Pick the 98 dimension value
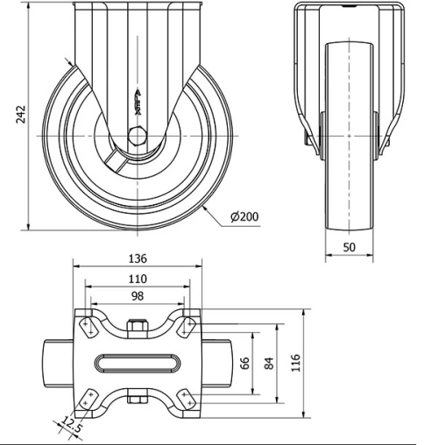[x=137, y=297]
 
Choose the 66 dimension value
[x=245, y=362]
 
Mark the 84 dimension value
[x=269, y=362]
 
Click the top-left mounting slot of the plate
[x=88, y=326]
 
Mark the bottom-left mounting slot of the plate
[x=88, y=399]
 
